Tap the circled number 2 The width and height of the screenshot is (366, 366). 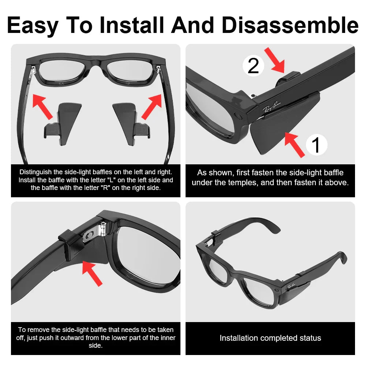253,66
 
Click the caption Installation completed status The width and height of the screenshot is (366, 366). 270,338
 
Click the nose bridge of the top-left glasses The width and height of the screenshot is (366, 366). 96,63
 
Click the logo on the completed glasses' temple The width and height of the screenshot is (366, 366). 291,285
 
